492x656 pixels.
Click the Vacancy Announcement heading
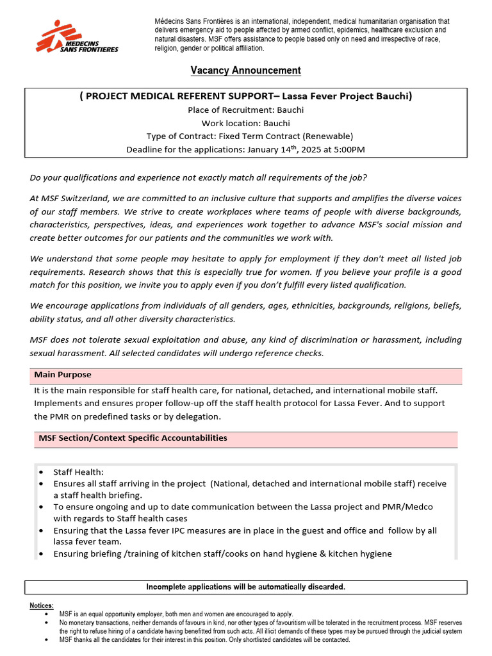click(245, 70)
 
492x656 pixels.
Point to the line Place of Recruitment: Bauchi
click(245, 110)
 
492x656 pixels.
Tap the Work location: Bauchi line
click(245, 123)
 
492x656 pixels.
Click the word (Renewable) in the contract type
click(327, 136)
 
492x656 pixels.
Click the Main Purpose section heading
click(63, 375)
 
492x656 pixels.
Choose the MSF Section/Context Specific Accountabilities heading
click(133, 438)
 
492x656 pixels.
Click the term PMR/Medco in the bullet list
click(409, 507)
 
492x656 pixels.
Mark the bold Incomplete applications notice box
click(245, 587)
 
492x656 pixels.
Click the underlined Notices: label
click(42, 605)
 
